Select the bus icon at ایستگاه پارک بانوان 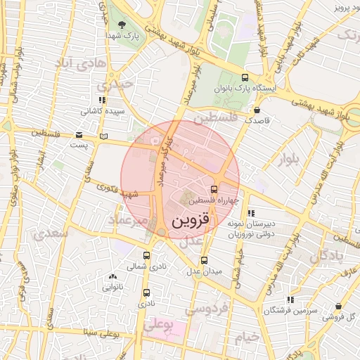[244, 78]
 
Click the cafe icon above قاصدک [257, 110]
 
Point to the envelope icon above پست [79, 135]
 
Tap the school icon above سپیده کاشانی [103, 101]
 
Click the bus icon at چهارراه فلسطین [214, 188]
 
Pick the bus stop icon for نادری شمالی [146, 256]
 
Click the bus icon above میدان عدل [204, 260]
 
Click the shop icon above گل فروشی [340, 307]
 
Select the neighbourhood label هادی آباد [84, 65]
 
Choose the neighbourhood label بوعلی [157, 326]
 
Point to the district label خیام [247, 337]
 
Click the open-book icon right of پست [105, 135]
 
